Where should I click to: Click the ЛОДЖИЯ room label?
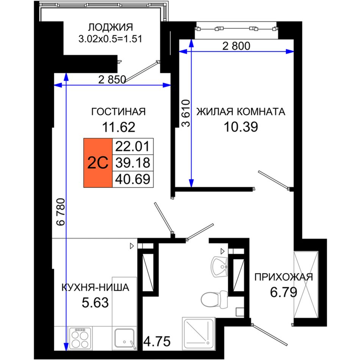[x=110, y=27]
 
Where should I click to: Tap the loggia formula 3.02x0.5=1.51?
[x=110, y=39]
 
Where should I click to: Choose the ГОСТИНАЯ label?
[x=119, y=111]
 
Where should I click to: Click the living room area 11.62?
[x=119, y=127]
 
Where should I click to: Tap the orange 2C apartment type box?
[x=98, y=163]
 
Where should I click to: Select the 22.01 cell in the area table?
[x=133, y=146]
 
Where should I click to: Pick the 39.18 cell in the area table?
[x=133, y=163]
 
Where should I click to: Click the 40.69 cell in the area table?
[x=133, y=179]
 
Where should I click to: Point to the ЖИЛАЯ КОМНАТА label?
[x=241, y=111]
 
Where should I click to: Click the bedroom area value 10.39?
[x=241, y=127]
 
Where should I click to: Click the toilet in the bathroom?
[x=214, y=300]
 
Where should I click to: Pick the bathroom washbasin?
[x=219, y=266]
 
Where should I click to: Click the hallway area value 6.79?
[x=283, y=292]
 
